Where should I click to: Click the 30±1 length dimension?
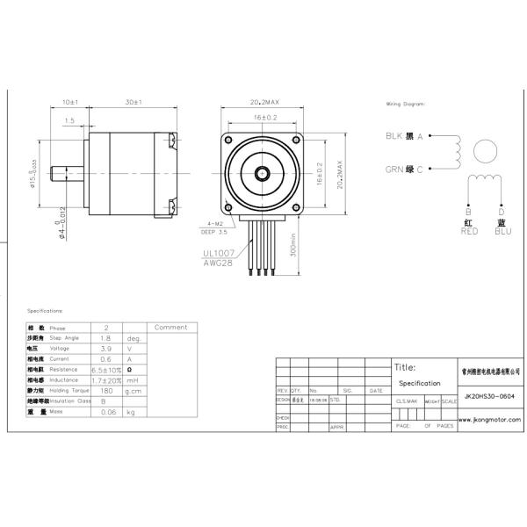(134, 103)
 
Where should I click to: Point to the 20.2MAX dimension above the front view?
(264, 103)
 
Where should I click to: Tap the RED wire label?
(468, 231)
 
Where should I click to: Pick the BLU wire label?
(502, 231)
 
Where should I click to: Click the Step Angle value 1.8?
(105, 337)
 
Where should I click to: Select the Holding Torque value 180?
(105, 389)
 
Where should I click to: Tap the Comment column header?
(170, 327)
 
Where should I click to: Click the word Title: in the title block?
(405, 368)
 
